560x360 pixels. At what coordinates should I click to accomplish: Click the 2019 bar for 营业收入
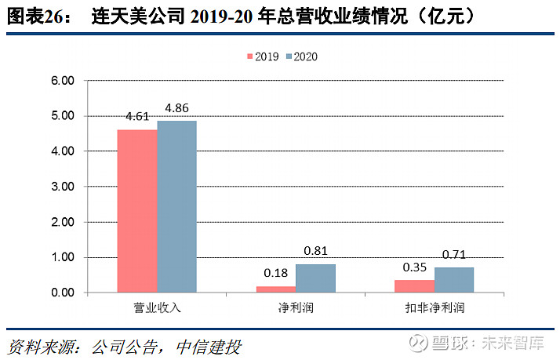pos(137,211)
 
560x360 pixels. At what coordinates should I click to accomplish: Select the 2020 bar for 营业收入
pos(176,206)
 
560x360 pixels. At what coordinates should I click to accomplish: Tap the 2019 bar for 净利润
pos(276,289)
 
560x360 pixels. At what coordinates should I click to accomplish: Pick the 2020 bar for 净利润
pos(315,278)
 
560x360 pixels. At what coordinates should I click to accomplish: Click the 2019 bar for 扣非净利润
pos(415,286)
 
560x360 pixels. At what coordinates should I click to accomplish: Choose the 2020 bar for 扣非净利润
pos(454,280)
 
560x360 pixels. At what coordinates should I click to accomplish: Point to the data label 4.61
pos(137,117)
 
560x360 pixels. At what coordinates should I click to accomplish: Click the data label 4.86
pos(176,108)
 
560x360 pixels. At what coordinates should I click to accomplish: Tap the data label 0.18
pos(276,273)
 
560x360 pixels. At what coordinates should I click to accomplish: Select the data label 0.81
pos(315,251)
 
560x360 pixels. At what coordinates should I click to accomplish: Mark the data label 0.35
pos(415,267)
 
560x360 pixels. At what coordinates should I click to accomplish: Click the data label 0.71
pos(454,255)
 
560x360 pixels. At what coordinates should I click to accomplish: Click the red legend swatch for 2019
pos(251,56)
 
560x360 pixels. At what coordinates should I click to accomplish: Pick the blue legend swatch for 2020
pos(288,56)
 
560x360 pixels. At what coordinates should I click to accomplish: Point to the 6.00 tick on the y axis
pos(62,81)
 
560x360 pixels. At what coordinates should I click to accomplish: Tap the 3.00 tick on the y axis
pos(62,187)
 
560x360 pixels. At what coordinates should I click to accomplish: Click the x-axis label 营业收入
pos(157,307)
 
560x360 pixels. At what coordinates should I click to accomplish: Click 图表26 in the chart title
pos(35,16)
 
